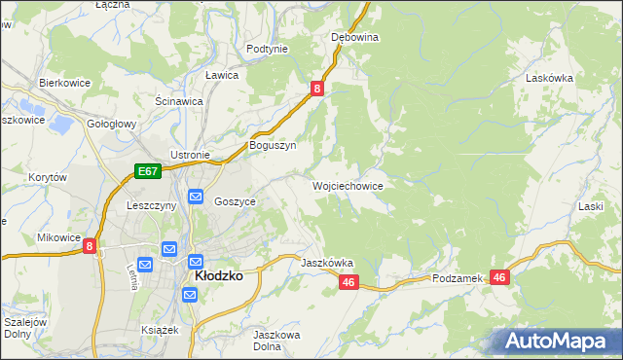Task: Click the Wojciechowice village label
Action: coord(348,186)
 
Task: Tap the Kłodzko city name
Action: coord(218,276)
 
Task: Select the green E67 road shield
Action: coord(147,172)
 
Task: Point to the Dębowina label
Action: coord(354,37)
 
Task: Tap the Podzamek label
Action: coord(458,278)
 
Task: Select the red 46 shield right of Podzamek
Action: coord(500,277)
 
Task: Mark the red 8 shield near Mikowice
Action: coord(90,247)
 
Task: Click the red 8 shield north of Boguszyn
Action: coord(317,89)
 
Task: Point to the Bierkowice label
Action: coord(64,84)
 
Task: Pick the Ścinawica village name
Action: coord(179,101)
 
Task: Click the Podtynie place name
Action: coord(268,49)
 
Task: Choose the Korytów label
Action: coord(48,178)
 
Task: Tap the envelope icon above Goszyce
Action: coord(195,198)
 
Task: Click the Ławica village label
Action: coord(223,74)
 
